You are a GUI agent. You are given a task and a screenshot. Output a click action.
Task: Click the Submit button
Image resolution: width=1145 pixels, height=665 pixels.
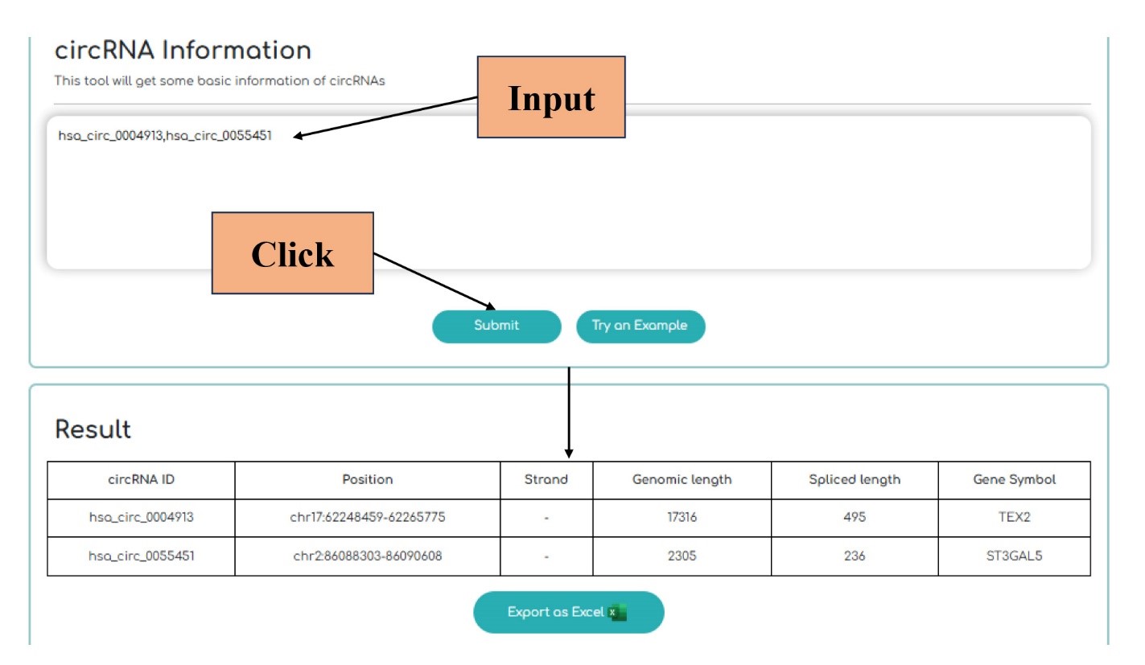(x=496, y=326)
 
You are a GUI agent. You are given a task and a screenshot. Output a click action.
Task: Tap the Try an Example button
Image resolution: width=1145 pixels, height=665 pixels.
(x=640, y=326)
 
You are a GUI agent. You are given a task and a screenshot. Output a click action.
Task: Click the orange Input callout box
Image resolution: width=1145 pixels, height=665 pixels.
(x=551, y=97)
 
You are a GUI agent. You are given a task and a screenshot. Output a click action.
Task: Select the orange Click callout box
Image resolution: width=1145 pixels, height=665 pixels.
(x=292, y=252)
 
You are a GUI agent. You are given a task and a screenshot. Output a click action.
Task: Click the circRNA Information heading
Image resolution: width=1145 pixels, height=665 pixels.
(x=183, y=50)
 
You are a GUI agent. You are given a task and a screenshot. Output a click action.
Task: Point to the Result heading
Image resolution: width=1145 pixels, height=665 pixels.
(x=93, y=429)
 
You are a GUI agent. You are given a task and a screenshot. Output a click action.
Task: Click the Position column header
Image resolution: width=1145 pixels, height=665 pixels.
(x=368, y=479)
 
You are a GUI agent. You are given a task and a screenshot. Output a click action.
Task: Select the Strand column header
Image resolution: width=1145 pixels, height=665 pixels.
(x=546, y=479)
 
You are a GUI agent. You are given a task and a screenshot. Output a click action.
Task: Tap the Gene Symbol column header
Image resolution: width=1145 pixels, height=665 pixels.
(x=1014, y=479)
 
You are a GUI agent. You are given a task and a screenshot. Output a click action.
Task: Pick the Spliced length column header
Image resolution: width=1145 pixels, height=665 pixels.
(x=855, y=479)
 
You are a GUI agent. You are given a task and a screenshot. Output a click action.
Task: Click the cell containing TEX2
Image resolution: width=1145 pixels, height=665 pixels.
(x=1014, y=517)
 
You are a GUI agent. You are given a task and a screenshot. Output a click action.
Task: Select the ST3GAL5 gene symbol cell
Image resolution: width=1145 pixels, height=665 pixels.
(x=1014, y=556)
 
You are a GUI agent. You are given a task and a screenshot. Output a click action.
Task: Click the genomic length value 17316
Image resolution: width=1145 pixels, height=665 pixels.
(x=682, y=517)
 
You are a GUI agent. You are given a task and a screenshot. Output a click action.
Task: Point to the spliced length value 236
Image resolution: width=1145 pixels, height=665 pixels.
(x=855, y=556)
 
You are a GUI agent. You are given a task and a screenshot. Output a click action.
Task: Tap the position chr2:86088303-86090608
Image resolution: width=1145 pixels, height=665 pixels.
(x=368, y=556)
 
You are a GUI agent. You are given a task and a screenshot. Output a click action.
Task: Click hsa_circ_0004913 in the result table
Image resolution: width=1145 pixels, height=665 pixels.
(x=141, y=517)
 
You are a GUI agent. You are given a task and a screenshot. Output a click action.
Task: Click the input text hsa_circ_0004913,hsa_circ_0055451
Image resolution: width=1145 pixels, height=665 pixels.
(x=165, y=136)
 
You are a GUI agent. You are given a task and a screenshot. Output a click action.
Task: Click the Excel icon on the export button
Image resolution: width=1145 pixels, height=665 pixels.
(x=617, y=612)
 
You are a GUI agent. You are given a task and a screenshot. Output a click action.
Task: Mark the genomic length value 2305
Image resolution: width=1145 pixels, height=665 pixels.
(x=682, y=556)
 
